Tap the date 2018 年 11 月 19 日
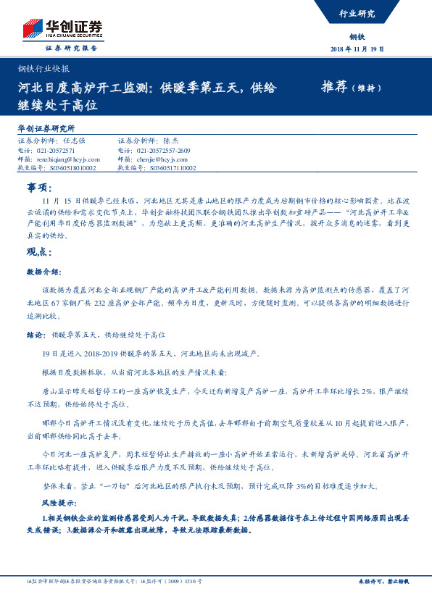[357, 49]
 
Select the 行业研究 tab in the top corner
[357, 14]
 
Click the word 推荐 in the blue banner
[334, 87]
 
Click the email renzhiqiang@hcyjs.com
[66, 159]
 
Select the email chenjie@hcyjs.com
[162, 159]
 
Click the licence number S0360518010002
[66, 167]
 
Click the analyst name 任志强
[75, 141]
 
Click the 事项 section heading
[38, 187]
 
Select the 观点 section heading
[38, 252]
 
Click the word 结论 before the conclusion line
[35, 335]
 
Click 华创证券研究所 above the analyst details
[46, 128]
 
